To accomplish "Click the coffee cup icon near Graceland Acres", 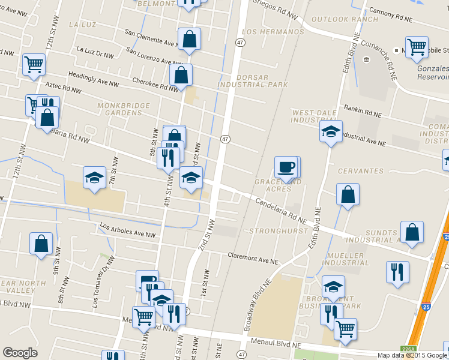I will point(287,167).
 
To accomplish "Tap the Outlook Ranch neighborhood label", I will point(337,19).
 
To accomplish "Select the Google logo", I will point(20,353).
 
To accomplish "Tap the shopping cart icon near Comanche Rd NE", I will point(417,46).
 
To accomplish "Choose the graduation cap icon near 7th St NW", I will point(94,177).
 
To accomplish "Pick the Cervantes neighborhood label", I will point(360,171).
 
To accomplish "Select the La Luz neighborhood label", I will point(83,25).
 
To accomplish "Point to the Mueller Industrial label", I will point(346,259).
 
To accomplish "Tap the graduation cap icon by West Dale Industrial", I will point(330,131).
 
